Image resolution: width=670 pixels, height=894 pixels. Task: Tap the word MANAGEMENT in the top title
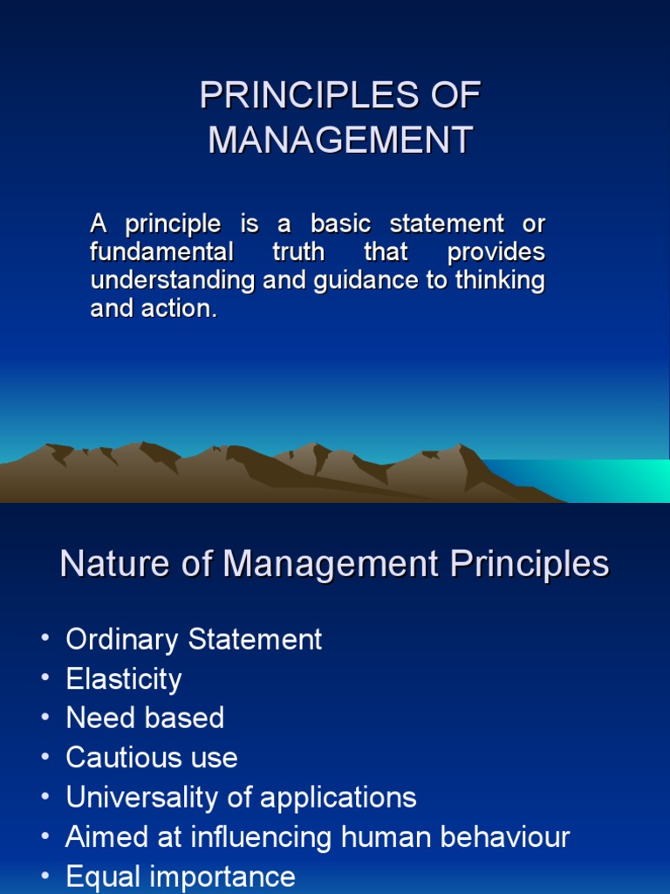[x=340, y=141]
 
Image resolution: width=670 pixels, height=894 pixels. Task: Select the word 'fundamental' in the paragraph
[x=161, y=252]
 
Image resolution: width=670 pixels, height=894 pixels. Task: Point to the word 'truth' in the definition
[x=297, y=252]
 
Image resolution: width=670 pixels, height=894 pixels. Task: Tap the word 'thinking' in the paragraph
[x=501, y=281]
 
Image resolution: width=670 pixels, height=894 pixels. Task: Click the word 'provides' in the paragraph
[x=496, y=252]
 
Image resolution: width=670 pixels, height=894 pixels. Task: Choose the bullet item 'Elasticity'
[x=124, y=679]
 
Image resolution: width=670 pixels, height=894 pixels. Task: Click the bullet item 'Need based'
[x=145, y=719]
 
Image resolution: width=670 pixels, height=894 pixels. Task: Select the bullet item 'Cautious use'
[x=152, y=758]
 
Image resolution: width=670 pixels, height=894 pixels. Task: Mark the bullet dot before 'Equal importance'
[x=44, y=877]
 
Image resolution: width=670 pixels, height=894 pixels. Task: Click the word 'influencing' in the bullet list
[x=250, y=837]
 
